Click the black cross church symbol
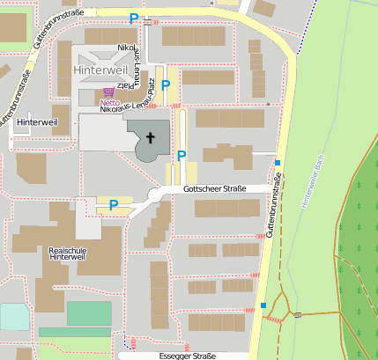click(151, 137)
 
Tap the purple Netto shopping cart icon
click(108, 92)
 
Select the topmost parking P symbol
click(134, 18)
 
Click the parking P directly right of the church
click(182, 155)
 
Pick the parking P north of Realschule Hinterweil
click(114, 205)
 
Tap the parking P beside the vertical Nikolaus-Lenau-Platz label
click(165, 84)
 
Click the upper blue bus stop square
click(278, 163)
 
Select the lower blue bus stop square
click(263, 305)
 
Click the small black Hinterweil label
click(37, 121)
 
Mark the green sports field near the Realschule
click(89, 312)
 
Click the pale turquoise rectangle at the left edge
click(13, 316)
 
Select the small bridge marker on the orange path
click(298, 314)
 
